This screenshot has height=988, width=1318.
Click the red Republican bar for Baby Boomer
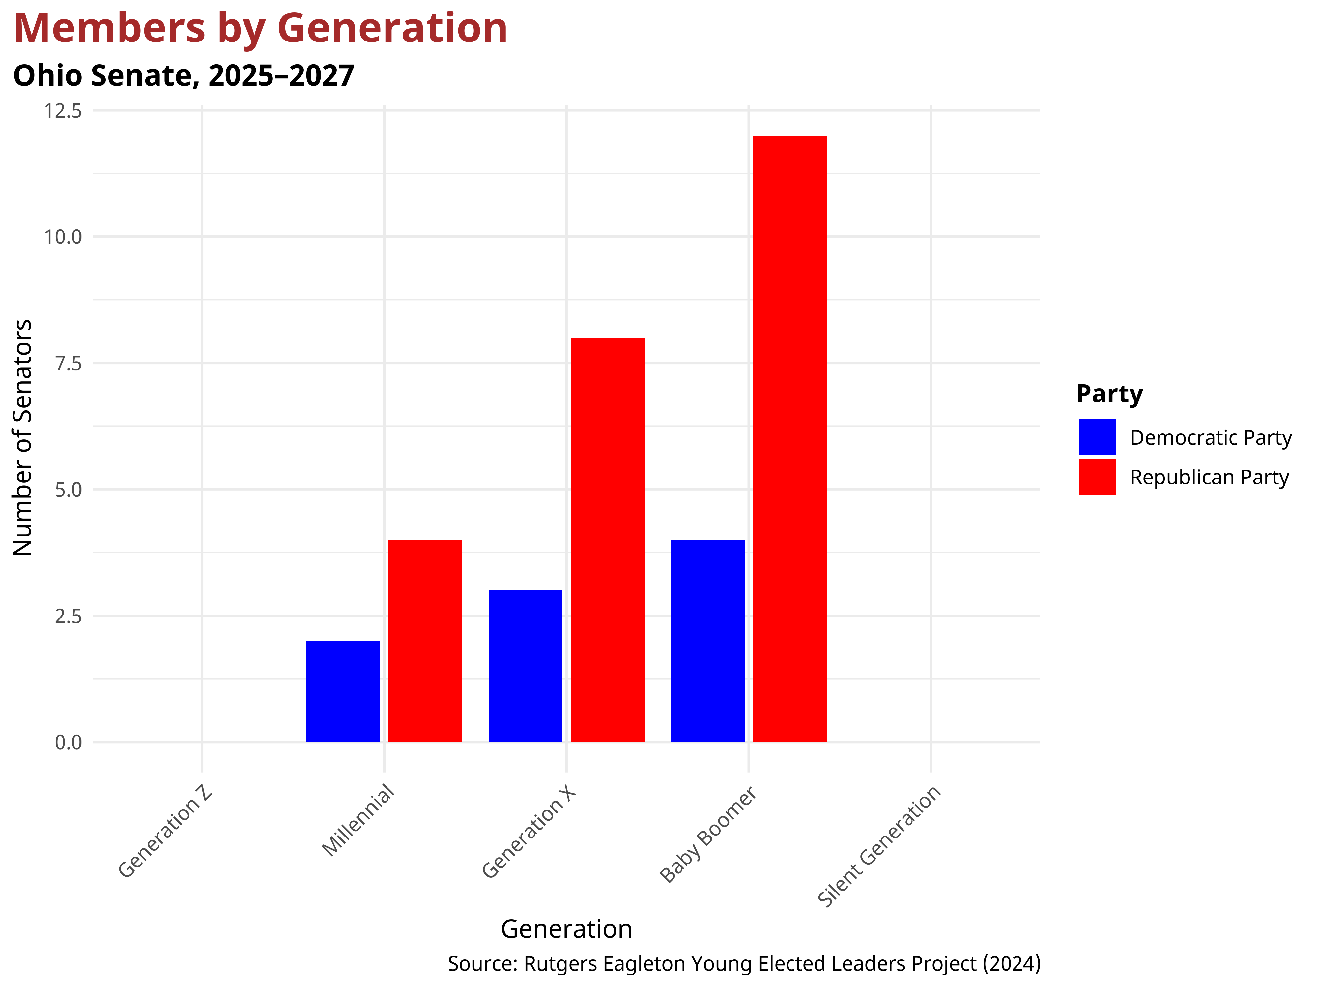(x=789, y=439)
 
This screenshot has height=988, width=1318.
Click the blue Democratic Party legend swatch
(x=1097, y=437)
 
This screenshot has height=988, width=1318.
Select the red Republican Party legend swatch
(x=1097, y=477)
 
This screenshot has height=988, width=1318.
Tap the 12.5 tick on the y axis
(x=63, y=111)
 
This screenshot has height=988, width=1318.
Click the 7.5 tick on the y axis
(x=68, y=363)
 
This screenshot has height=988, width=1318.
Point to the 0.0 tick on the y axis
(x=68, y=742)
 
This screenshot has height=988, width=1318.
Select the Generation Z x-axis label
(x=165, y=832)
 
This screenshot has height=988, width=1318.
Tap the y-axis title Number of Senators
(x=23, y=438)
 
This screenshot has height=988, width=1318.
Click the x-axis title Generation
(x=566, y=929)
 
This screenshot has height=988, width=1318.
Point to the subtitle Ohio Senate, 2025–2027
(x=184, y=76)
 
